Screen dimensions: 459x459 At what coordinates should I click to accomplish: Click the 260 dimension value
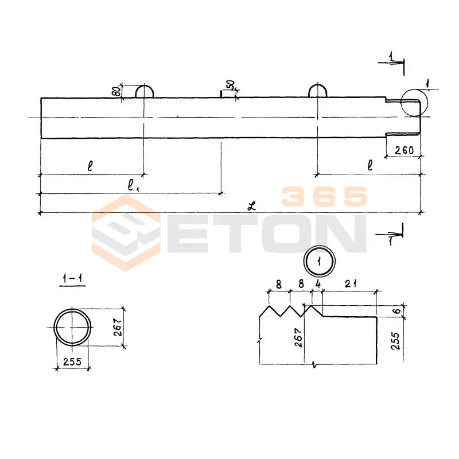click(x=404, y=150)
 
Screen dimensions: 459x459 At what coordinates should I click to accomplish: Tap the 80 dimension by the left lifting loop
click(x=116, y=91)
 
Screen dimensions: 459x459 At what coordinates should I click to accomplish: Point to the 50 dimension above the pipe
click(x=231, y=84)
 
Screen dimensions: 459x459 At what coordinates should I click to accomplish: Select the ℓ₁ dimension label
click(x=134, y=185)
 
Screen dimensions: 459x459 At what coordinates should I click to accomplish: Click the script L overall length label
click(x=251, y=206)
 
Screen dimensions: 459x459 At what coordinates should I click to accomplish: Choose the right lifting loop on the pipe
click(x=318, y=85)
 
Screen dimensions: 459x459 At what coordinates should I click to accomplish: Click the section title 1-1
click(x=72, y=278)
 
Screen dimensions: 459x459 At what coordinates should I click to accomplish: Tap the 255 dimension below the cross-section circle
click(x=72, y=361)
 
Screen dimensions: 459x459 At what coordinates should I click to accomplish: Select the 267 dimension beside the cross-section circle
click(x=118, y=327)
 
